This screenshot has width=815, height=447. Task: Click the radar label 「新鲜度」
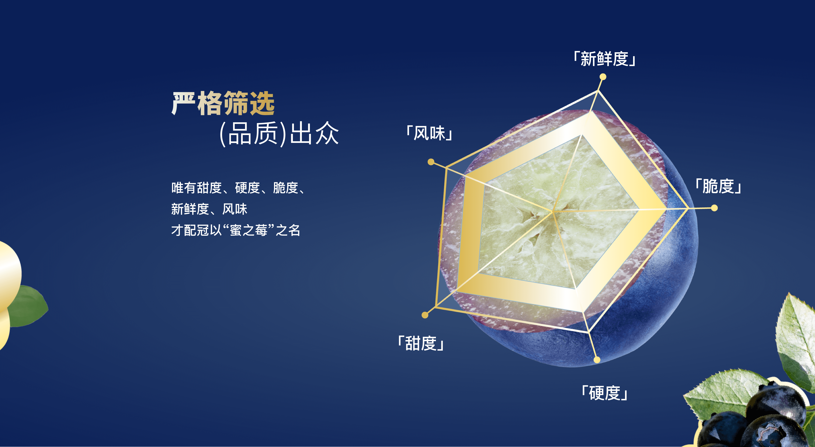pyautogui.click(x=605, y=59)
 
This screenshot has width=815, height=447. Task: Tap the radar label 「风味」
pyautogui.click(x=429, y=133)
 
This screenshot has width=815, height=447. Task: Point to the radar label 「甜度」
pyautogui.click(x=421, y=343)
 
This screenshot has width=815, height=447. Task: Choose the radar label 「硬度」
pyautogui.click(x=605, y=393)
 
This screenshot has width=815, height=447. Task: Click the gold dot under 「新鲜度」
pyautogui.click(x=603, y=77)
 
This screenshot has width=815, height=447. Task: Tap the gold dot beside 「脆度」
pyautogui.click(x=714, y=208)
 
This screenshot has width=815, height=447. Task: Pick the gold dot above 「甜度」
pyautogui.click(x=425, y=315)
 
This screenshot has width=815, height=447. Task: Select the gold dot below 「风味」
pyautogui.click(x=431, y=162)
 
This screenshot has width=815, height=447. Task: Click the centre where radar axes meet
pyautogui.click(x=553, y=212)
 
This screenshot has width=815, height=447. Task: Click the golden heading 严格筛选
pyautogui.click(x=223, y=103)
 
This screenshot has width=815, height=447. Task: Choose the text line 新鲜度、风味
pyautogui.click(x=209, y=209)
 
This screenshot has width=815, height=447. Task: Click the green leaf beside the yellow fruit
pyautogui.click(x=28, y=306)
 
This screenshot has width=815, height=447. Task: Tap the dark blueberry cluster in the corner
pyautogui.click(x=756, y=418)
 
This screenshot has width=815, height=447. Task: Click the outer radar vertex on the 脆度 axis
pyautogui.click(x=688, y=208)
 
